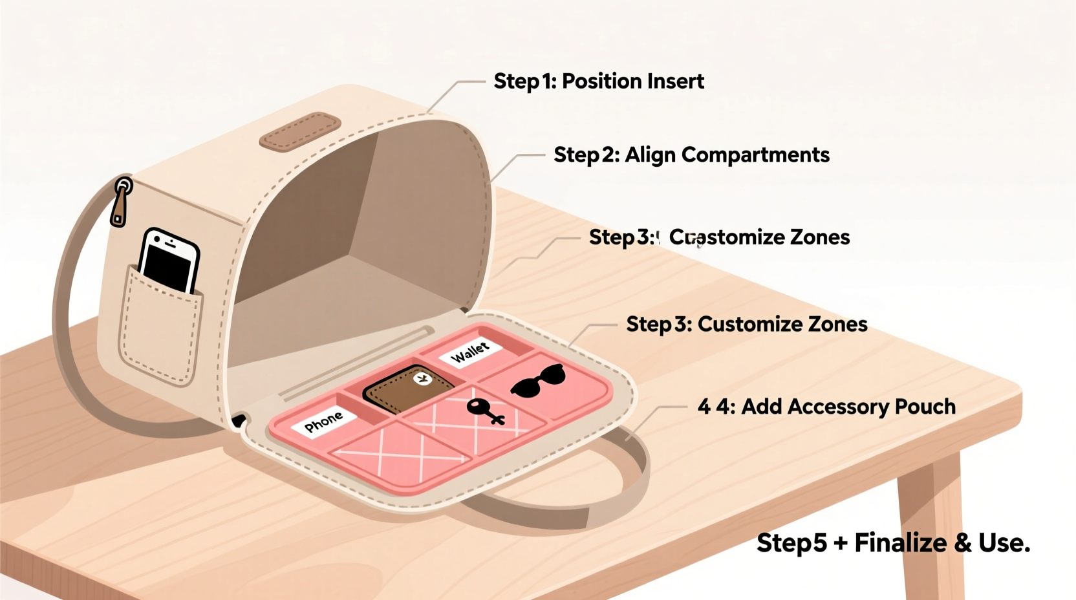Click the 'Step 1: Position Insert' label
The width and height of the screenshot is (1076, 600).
(x=599, y=81)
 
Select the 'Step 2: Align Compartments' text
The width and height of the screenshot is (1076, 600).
(x=691, y=155)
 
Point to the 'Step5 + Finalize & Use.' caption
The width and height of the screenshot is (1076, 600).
(x=893, y=543)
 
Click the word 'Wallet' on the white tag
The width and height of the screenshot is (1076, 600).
(x=469, y=352)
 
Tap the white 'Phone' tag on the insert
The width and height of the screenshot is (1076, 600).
(x=323, y=422)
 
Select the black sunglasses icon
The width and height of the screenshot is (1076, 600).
(x=538, y=380)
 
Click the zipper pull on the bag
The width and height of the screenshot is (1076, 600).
(x=120, y=202)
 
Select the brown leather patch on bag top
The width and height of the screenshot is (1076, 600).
(x=300, y=131)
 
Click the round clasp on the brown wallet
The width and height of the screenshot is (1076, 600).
(x=423, y=379)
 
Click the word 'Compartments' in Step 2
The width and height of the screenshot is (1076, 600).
(x=755, y=155)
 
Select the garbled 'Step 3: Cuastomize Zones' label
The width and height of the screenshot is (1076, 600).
(x=719, y=237)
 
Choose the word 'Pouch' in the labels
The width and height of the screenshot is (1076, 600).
(x=925, y=407)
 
